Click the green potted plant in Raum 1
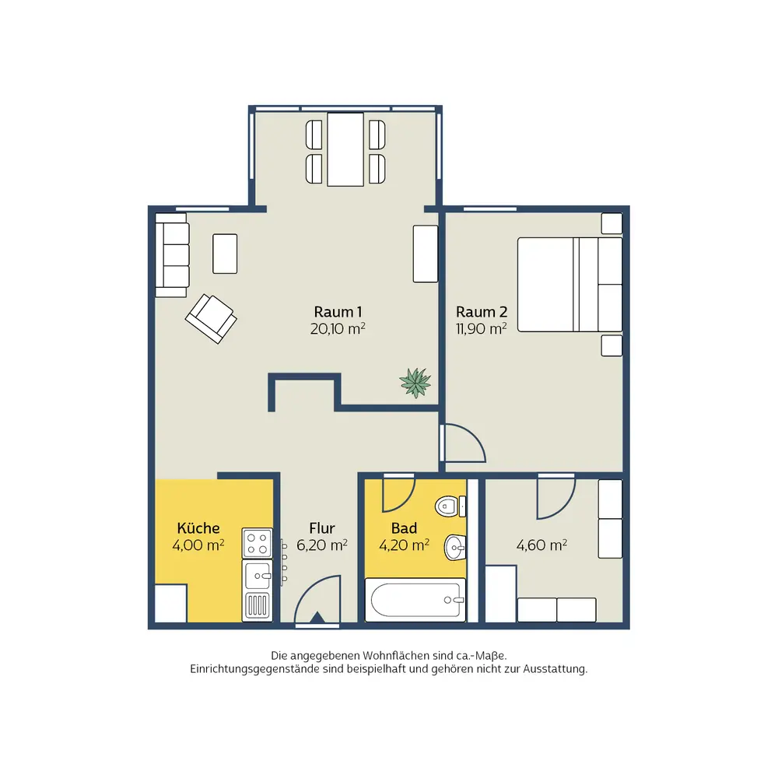coord(415,383)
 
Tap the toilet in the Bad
coord(450,506)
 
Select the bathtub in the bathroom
coord(415,599)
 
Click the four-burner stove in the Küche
coord(257,543)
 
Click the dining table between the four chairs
coord(345,149)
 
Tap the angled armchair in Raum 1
coord(211,318)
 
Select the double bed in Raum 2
coord(569,284)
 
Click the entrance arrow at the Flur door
coord(317,617)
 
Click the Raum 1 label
coord(338,312)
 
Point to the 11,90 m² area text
coord(482,328)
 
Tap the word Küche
coord(198,527)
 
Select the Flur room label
coord(322,528)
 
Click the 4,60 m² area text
coord(541,545)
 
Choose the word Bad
coord(404,528)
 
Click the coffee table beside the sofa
coord(225,254)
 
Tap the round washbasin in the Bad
coord(454,547)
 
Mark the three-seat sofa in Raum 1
coord(172,255)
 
